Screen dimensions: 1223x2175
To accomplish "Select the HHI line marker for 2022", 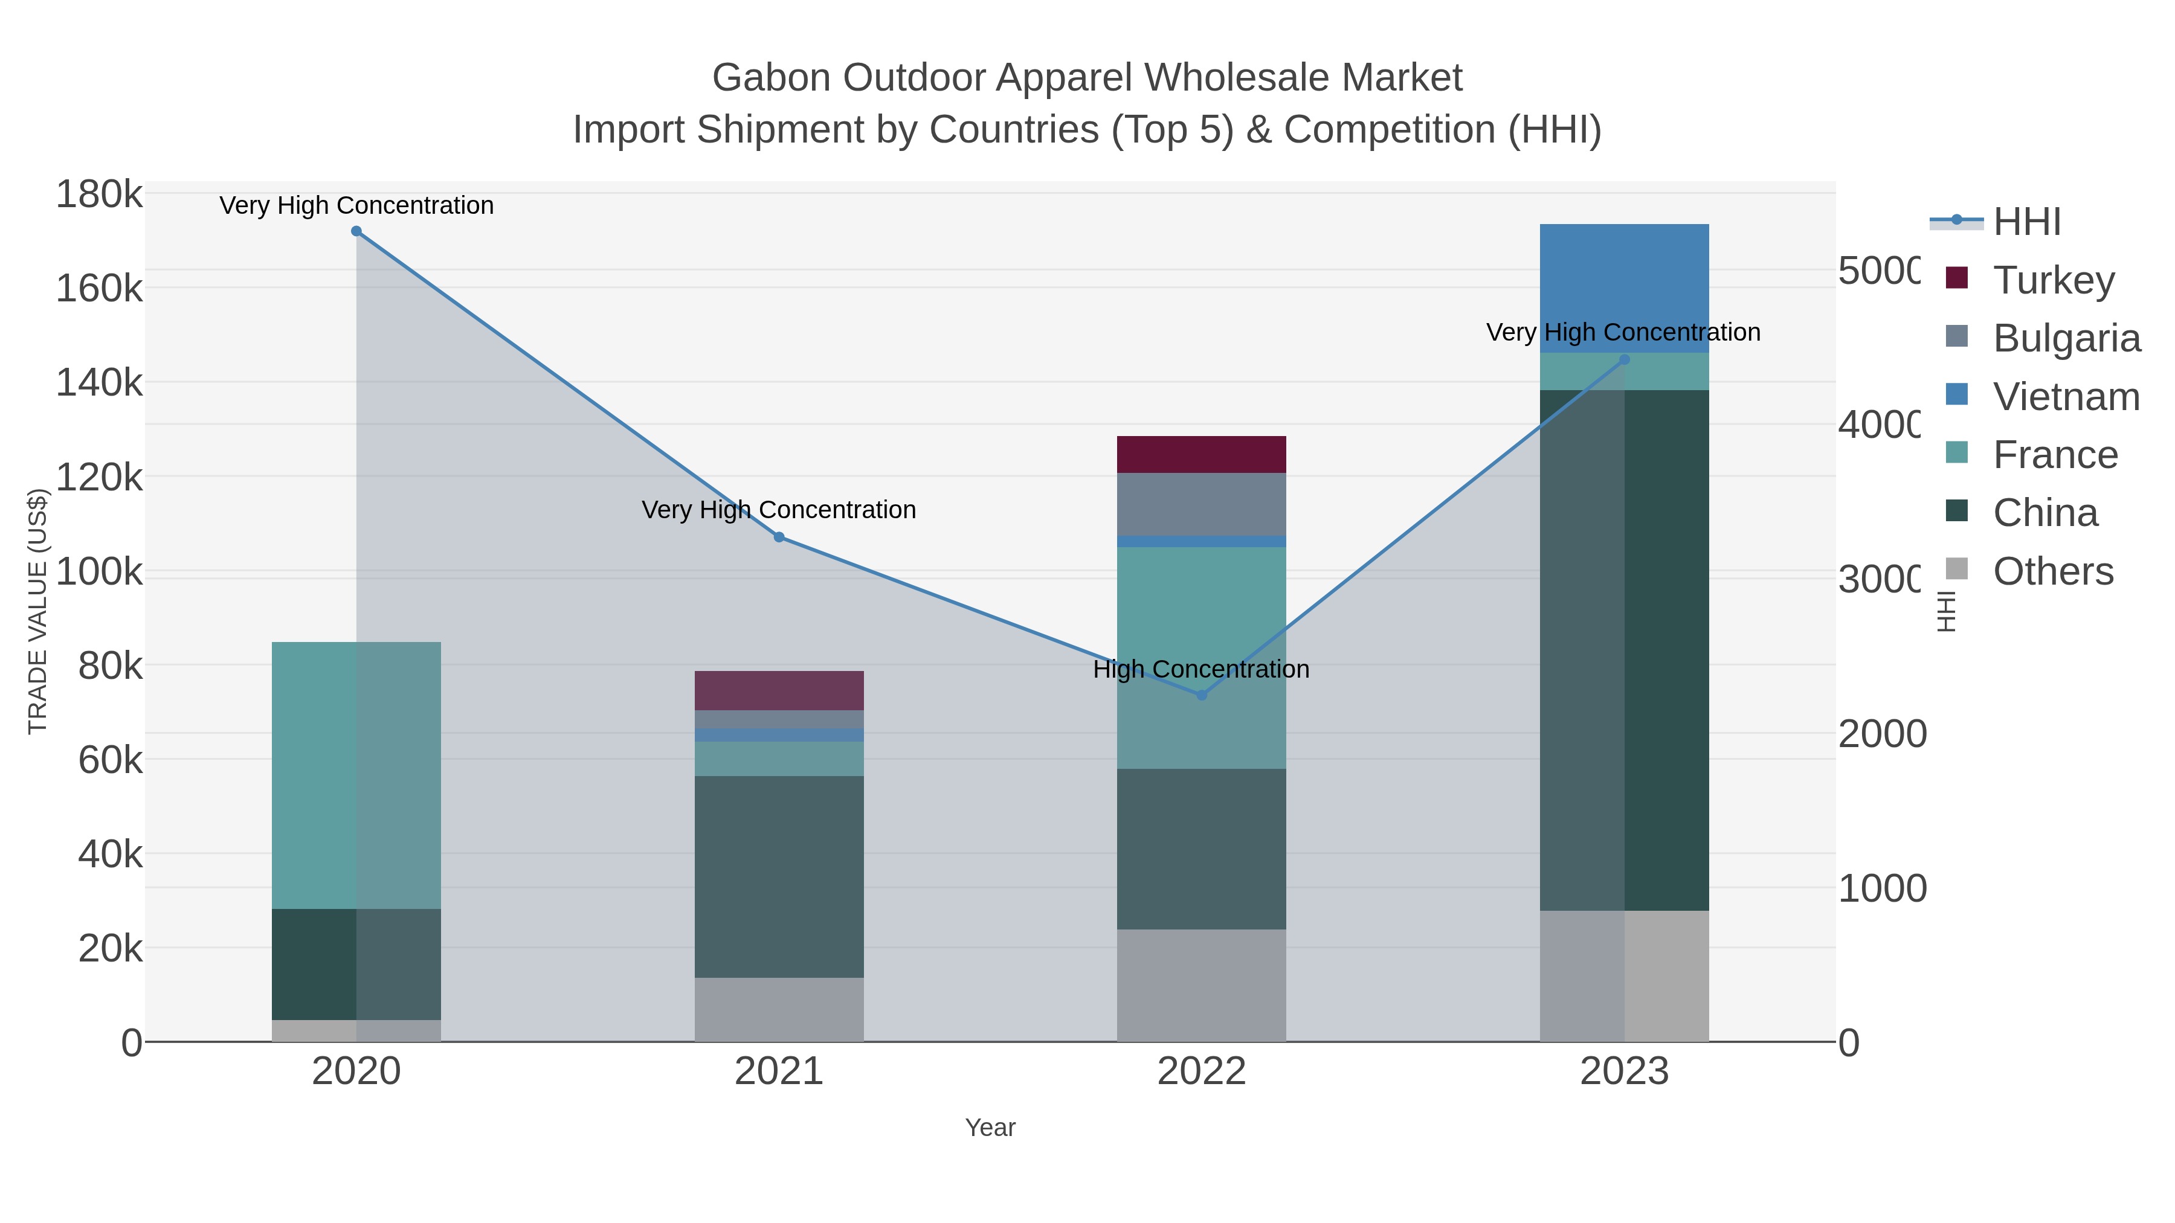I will point(1202,695).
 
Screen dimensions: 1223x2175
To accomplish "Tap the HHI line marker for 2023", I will point(1623,359).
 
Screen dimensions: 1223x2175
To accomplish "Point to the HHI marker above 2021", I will point(779,537).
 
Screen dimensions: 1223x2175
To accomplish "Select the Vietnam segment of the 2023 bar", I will point(1623,288).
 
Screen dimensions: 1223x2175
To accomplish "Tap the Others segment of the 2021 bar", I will point(779,1009).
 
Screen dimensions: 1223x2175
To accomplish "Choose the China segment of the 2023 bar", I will point(1623,650).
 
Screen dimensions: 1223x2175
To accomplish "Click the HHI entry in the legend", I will point(2026,222).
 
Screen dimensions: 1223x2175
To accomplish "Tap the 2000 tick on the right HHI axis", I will point(1882,734).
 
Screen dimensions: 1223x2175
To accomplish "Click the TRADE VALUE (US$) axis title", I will point(38,611).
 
